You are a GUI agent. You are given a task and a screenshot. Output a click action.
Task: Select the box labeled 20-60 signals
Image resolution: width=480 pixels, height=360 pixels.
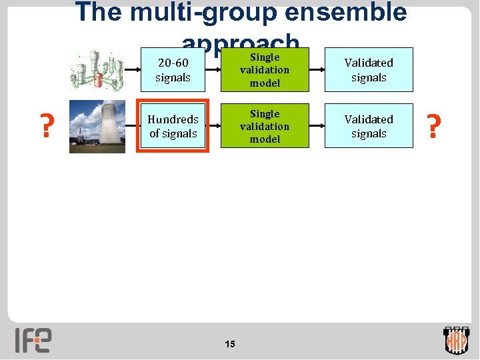(173, 70)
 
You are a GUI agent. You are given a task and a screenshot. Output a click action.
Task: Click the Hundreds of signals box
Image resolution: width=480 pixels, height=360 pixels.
(173, 126)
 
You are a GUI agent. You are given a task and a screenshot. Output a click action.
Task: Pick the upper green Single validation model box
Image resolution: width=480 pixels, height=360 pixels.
(265, 70)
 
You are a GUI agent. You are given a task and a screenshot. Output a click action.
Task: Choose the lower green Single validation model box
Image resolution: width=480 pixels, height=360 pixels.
(265, 126)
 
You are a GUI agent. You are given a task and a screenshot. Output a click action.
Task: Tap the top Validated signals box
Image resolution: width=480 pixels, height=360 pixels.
(369, 70)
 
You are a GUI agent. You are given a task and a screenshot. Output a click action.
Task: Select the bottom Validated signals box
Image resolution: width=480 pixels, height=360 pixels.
(369, 126)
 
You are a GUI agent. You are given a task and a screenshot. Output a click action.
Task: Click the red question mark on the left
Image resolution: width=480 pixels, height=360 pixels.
(46, 126)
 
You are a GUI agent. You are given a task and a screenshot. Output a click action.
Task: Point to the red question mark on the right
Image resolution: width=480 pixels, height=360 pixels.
(434, 126)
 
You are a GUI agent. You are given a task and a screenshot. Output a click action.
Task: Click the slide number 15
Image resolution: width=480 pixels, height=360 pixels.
(230, 344)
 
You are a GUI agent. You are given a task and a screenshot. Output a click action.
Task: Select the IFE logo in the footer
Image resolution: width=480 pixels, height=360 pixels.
(33, 340)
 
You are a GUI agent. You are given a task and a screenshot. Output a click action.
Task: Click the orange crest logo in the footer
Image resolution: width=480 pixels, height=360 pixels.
(457, 340)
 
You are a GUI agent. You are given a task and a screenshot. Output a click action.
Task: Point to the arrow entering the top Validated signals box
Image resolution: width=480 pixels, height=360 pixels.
(317, 70)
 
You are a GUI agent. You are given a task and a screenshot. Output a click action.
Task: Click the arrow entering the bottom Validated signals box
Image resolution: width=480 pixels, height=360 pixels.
(317, 126)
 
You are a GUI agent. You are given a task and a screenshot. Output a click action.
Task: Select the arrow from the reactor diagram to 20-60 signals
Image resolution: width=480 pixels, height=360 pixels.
(132, 70)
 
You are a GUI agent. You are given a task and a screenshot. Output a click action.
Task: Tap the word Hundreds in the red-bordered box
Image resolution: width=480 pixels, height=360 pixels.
(173, 119)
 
